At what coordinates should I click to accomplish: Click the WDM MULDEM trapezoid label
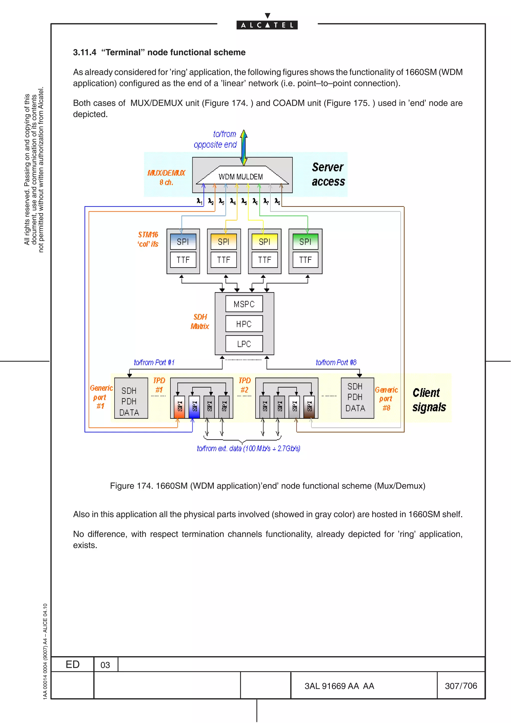click(x=241, y=177)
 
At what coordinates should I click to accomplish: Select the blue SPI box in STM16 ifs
click(x=183, y=241)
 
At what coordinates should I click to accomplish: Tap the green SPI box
click(x=305, y=241)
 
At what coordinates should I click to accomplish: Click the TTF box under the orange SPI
click(x=224, y=260)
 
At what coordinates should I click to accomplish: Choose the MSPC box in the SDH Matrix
click(x=244, y=304)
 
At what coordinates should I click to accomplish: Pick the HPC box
click(x=244, y=324)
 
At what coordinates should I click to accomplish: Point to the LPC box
click(x=244, y=344)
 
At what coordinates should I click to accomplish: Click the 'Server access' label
click(x=328, y=174)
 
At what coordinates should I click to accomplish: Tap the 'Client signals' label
click(x=429, y=400)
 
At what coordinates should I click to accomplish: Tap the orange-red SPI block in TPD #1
click(x=179, y=407)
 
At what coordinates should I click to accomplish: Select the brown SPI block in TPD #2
click(x=309, y=407)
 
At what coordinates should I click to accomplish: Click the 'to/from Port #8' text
click(x=336, y=362)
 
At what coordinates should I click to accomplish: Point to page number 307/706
click(x=461, y=686)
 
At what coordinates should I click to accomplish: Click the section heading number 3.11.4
click(x=84, y=52)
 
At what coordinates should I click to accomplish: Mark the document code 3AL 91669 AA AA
click(x=339, y=686)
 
